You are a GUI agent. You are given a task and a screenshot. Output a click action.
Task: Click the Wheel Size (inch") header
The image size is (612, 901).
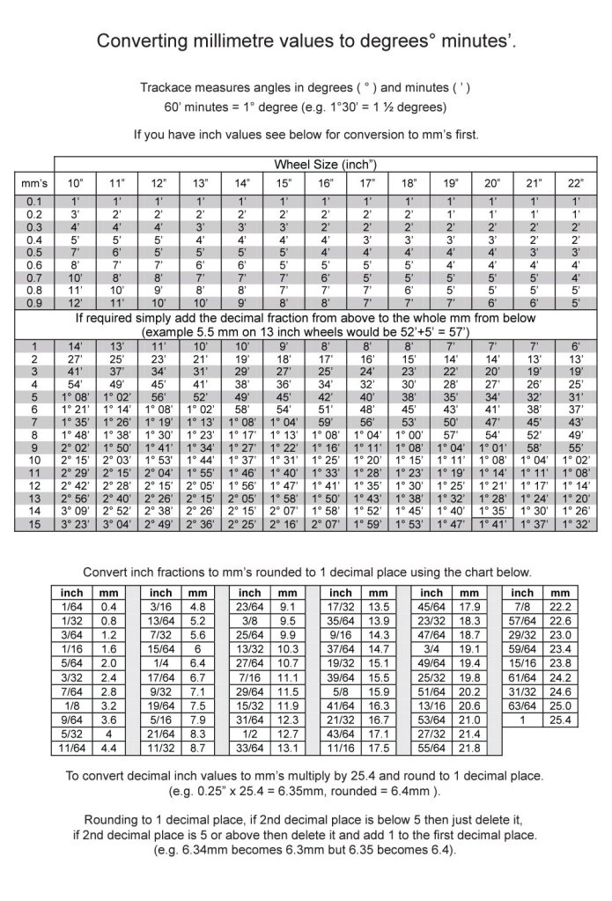click(326, 165)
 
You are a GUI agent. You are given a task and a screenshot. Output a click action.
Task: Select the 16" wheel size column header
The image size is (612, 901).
click(326, 183)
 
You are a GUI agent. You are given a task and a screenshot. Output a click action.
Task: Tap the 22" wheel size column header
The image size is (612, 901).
click(576, 183)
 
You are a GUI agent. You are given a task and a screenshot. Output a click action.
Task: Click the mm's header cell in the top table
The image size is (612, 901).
click(34, 183)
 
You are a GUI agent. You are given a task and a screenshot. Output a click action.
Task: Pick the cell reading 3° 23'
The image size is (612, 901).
click(76, 525)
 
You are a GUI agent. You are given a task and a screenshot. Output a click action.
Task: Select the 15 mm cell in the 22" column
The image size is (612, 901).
click(576, 525)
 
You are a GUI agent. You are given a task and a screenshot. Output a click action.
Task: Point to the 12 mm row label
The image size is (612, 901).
click(34, 485)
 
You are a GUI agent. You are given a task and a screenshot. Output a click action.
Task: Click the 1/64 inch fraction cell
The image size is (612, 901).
click(71, 607)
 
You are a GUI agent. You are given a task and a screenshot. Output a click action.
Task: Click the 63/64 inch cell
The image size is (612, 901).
click(522, 705)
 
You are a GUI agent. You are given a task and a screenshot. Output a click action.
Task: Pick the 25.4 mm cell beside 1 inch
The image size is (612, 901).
click(561, 720)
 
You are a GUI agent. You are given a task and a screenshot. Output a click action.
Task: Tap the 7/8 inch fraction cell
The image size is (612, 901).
click(522, 607)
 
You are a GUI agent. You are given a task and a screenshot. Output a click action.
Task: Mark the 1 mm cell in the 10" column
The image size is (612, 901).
click(76, 346)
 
